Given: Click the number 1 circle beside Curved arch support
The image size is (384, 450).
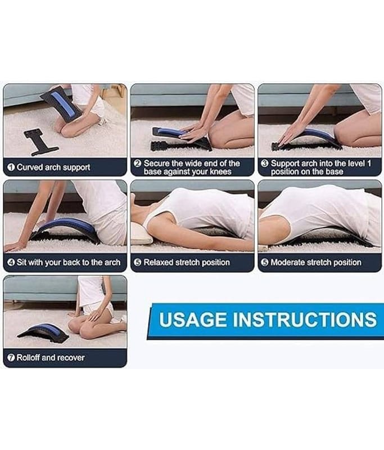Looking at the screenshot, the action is [x=11, y=167].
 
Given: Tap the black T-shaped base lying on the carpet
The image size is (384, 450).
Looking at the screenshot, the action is [x=40, y=141].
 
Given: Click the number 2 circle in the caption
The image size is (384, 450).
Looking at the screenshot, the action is [x=138, y=163].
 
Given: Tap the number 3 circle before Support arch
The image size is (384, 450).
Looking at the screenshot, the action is [x=265, y=163].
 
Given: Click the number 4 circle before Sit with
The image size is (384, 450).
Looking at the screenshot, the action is [x=11, y=262].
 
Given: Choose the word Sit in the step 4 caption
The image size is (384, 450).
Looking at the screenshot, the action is [x=21, y=262].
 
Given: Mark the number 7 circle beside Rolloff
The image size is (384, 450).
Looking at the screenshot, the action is [x=11, y=358].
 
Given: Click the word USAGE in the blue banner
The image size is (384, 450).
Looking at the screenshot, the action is [x=193, y=319].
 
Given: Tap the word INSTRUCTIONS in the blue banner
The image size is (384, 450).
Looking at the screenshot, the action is [x=305, y=319].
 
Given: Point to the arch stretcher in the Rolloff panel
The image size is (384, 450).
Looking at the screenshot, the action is [x=44, y=331].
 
